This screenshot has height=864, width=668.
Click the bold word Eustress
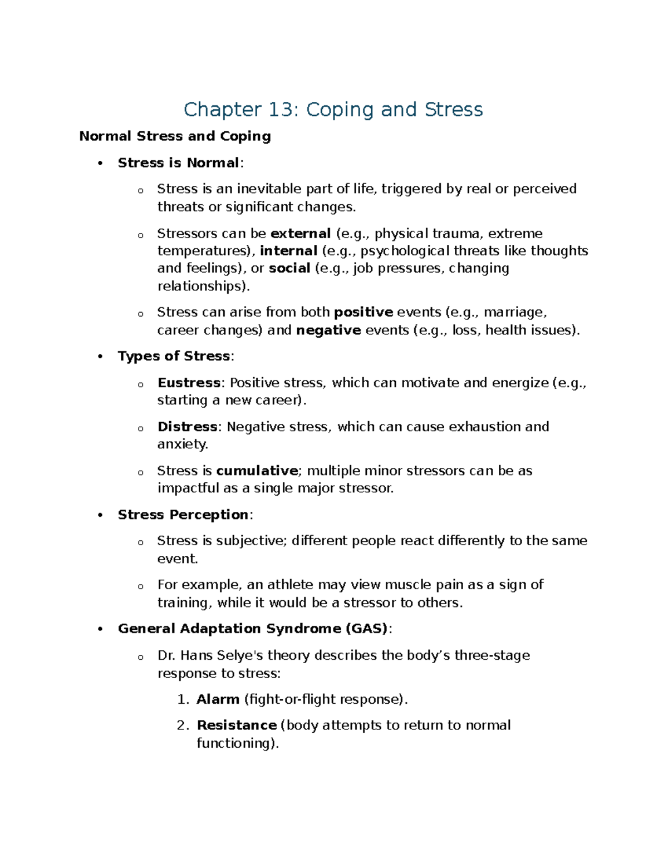point(189,383)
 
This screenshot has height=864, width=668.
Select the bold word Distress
point(188,427)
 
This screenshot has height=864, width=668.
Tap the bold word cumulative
point(257,471)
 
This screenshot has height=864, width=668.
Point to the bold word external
point(301,233)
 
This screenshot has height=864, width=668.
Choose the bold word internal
point(289,251)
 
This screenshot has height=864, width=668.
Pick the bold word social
point(289,268)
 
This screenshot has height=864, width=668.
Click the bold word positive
point(364,312)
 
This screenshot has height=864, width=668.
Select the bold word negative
point(328,330)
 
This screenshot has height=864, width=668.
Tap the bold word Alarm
point(218,699)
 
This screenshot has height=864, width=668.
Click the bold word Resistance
point(237,725)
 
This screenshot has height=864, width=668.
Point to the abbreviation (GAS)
point(366,629)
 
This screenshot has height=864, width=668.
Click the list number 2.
point(181,725)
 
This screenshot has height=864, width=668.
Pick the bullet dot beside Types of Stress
point(100,357)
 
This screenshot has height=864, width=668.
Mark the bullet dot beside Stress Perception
point(100,515)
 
